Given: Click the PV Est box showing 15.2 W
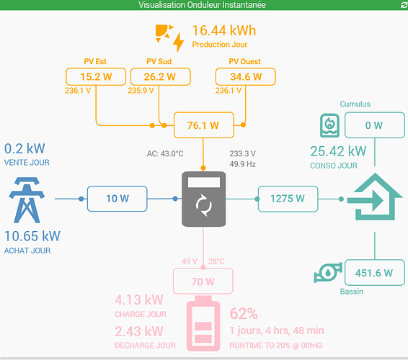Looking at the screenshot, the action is (x=96, y=76).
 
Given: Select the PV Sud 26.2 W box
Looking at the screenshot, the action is (x=161, y=76).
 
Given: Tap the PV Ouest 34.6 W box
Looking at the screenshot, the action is (x=246, y=76).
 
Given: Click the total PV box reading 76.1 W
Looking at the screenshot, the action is (x=204, y=125).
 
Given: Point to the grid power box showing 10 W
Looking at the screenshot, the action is (x=117, y=199).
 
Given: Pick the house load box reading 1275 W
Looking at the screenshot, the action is (x=288, y=199).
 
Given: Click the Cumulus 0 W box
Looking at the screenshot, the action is (x=375, y=125).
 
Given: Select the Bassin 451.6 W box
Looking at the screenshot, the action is (x=375, y=273).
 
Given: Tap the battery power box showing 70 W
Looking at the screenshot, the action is (x=203, y=282).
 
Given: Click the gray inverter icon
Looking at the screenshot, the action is (x=204, y=199).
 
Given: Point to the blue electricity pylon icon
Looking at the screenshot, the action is (x=27, y=200).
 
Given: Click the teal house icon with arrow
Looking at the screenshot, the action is (x=375, y=197).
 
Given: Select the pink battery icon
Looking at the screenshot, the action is (x=203, y=323).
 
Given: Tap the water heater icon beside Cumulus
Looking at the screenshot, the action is (x=329, y=125).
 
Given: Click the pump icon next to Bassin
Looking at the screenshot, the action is (x=328, y=272).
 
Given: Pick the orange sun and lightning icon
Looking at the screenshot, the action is (x=169, y=38).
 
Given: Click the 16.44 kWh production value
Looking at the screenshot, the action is (x=224, y=30).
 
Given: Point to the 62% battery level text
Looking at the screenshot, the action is (x=244, y=313).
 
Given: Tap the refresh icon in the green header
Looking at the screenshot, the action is (x=404, y=4).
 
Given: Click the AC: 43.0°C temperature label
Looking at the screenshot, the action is (x=165, y=153).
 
